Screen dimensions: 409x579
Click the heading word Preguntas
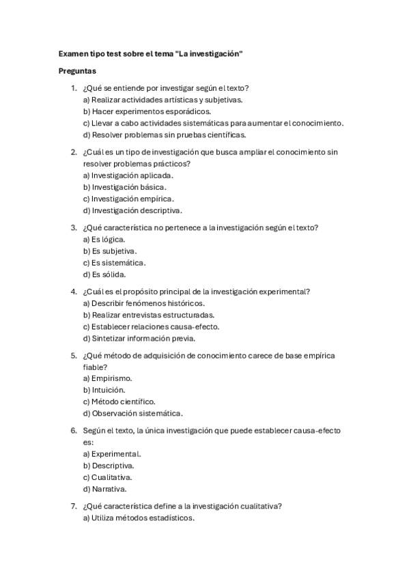coord(76,70)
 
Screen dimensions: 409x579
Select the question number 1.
coord(74,88)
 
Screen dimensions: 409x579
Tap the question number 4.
coord(74,292)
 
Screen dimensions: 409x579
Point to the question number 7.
coord(74,506)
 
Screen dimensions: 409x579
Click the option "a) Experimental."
coord(112,453)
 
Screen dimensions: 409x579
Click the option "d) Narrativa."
coord(104,489)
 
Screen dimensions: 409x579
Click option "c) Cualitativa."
coord(108,477)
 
